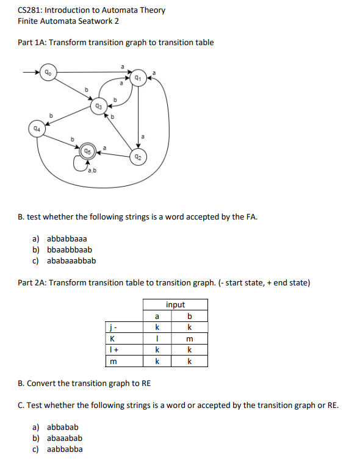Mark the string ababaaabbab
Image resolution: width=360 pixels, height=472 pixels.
tap(71, 260)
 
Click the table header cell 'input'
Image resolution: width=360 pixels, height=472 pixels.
tap(175, 305)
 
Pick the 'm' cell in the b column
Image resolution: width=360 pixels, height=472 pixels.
tap(190, 340)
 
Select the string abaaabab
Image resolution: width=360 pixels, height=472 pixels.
tap(65, 438)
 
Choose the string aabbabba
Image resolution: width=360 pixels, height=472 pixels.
tap(65, 449)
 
